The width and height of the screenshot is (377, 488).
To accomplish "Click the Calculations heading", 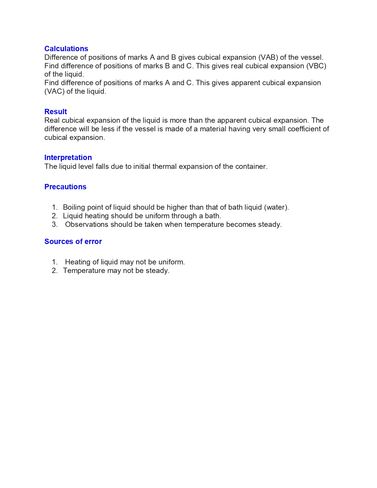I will pos(66,49).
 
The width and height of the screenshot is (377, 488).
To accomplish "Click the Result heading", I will pos(56,112).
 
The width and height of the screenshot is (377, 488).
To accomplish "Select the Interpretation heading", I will pos(68,158).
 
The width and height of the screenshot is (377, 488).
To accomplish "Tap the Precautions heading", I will pos(65,187).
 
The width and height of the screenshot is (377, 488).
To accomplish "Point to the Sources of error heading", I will pos(73,242).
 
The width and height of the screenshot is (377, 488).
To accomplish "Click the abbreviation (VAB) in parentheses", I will pos(268,57).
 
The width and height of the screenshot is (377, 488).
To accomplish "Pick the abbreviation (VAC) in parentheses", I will pos(54,91).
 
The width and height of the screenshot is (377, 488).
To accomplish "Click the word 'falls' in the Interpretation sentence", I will pos(102,167).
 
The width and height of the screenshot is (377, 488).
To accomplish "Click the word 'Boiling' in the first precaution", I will pos(74,207).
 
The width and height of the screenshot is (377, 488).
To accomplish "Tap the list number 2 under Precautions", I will pos(54,216).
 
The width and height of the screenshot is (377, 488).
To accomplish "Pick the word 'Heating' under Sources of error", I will pos(77,262).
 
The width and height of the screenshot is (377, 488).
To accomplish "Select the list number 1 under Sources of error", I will pos(54,262).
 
